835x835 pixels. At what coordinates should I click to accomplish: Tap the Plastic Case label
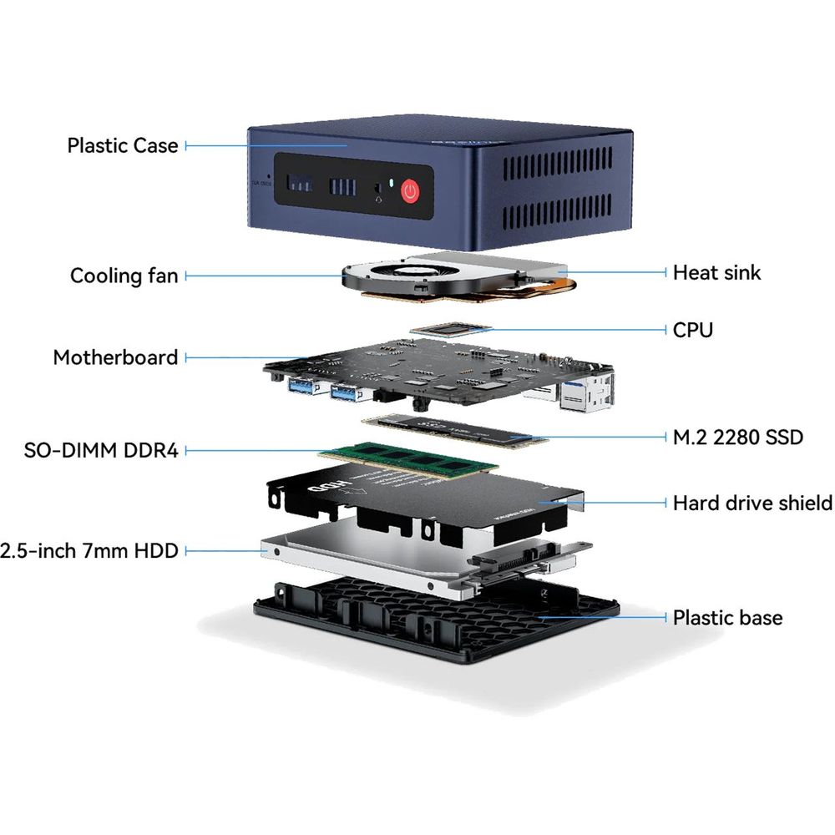click(123, 145)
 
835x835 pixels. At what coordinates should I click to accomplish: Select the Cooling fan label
click(124, 276)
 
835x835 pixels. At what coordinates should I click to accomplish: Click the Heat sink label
click(716, 272)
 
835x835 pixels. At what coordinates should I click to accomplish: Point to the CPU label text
click(693, 330)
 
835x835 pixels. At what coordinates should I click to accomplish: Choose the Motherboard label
click(115, 357)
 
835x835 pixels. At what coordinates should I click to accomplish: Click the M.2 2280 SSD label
click(737, 437)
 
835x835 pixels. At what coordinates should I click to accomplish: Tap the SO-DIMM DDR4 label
click(101, 451)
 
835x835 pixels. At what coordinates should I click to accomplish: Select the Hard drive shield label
click(752, 503)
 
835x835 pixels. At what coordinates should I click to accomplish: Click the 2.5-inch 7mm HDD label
click(89, 551)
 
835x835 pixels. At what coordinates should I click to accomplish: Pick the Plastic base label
click(727, 618)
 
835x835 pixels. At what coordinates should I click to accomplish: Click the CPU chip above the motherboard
click(451, 329)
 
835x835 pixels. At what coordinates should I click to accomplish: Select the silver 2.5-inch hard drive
click(376, 559)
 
